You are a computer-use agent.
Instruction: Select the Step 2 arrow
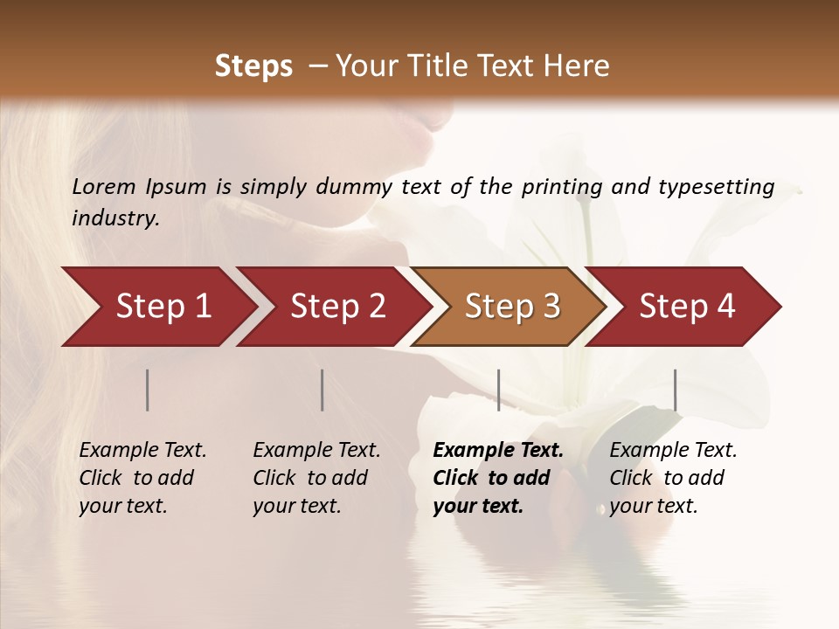[336, 307]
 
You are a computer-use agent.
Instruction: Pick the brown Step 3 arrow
[511, 307]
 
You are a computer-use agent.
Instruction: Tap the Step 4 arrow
[686, 307]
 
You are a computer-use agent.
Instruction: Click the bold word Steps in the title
[253, 66]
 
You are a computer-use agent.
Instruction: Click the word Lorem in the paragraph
[104, 187]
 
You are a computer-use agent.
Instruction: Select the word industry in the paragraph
[114, 218]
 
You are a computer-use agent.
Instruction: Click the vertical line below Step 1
[148, 390]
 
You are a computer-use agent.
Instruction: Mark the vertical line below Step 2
[322, 390]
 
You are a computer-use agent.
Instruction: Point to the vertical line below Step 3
[498, 390]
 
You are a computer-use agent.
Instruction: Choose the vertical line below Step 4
[675, 390]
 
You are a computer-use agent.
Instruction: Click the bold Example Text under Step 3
[498, 451]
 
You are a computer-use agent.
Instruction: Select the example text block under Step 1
[142, 478]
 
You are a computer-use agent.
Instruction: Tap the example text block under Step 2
[316, 478]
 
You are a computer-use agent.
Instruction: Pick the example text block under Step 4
[673, 478]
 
